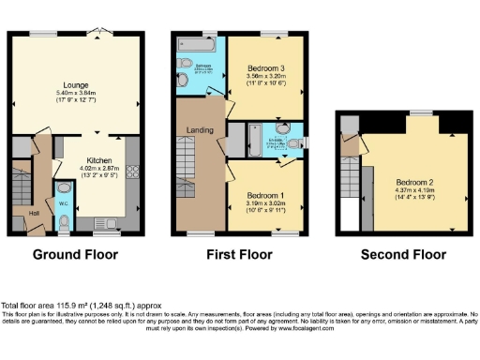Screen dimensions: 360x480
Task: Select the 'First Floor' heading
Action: coord(240,254)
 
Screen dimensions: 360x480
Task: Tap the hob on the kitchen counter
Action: coord(131,172)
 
